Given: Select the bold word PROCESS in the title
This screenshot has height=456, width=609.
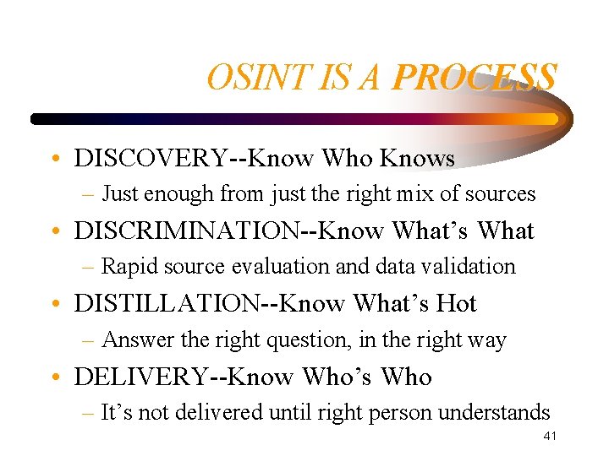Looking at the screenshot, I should point(474,79).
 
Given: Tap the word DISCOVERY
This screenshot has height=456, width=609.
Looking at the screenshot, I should point(150,158).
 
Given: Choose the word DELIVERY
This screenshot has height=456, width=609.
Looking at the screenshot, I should point(140,377).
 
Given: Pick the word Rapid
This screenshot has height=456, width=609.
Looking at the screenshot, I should point(127,267).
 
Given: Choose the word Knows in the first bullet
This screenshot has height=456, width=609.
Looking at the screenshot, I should point(417,158).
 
